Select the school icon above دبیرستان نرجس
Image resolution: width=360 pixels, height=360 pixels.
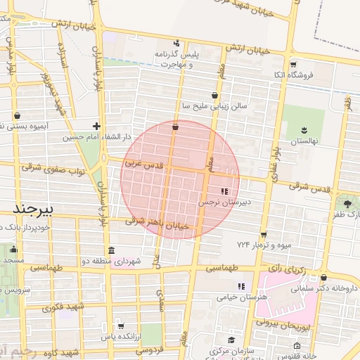point(224,191)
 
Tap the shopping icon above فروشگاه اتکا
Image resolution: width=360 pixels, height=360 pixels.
point(293,64)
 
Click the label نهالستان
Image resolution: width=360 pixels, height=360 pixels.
point(304,141)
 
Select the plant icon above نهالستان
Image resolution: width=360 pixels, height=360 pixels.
point(304,130)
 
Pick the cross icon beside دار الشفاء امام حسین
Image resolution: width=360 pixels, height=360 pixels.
point(97,127)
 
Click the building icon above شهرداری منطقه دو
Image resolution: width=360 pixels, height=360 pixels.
point(112,250)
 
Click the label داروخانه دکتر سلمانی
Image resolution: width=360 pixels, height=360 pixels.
point(325,288)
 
